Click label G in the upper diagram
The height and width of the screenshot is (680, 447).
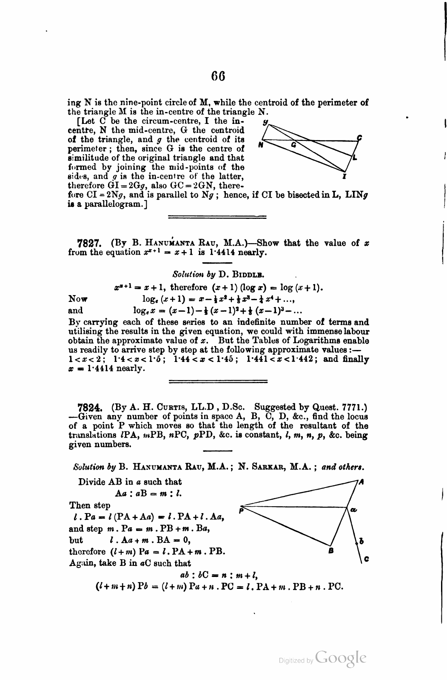pos(293,145)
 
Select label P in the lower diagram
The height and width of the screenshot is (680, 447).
pos(241,511)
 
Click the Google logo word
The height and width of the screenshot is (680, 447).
pos(341,658)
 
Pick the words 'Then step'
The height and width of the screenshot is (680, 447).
pos(90,505)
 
